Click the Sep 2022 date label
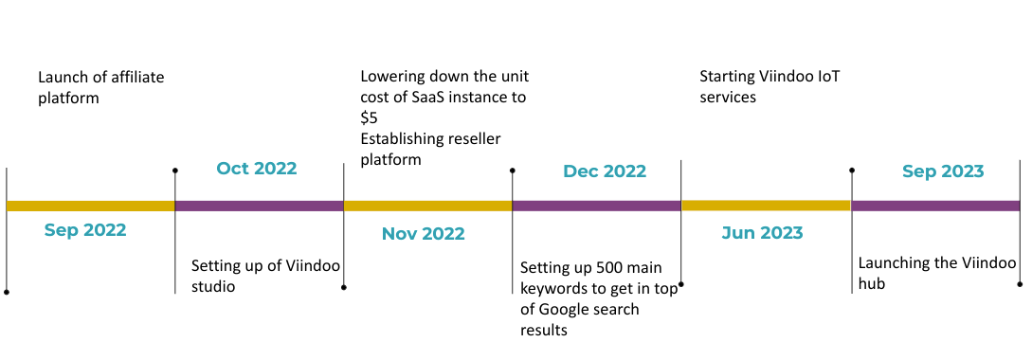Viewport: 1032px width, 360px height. click(x=85, y=230)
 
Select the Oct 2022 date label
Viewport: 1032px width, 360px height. click(x=257, y=169)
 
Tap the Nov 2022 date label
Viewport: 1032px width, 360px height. click(x=424, y=234)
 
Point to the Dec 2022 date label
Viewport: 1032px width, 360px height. click(x=605, y=171)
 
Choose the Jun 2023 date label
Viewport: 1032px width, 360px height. click(x=762, y=233)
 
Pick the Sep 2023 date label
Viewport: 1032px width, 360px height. click(x=943, y=171)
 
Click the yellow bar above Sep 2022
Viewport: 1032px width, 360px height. click(x=91, y=206)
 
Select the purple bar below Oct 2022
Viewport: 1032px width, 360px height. click(x=260, y=206)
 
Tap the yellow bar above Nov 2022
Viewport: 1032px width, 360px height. click(x=427, y=206)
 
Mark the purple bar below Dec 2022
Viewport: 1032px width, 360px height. click(x=596, y=206)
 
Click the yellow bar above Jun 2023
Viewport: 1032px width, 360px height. click(x=766, y=206)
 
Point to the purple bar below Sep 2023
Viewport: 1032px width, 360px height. click(x=935, y=206)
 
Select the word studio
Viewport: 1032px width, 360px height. click(x=213, y=287)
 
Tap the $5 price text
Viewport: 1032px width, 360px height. click(x=369, y=117)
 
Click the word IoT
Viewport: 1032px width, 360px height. click(x=828, y=77)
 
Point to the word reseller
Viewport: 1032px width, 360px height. click(x=474, y=139)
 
